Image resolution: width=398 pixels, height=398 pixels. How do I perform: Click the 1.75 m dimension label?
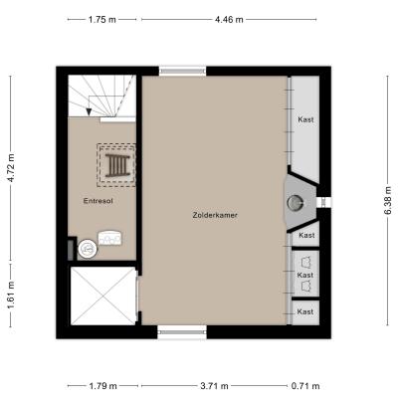[x=102, y=20]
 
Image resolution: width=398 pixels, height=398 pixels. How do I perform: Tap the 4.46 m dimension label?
[x=229, y=20]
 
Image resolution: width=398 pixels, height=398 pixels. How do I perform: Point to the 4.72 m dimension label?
[x=11, y=167]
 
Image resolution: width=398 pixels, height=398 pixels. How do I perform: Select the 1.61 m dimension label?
[x=11, y=295]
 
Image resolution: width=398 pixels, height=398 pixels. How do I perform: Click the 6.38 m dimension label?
[x=388, y=200]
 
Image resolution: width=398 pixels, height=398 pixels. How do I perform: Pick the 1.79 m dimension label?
[x=103, y=386]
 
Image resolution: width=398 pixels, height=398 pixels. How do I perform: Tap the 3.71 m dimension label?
[x=215, y=386]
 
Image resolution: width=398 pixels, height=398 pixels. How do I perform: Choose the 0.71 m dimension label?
[x=305, y=386]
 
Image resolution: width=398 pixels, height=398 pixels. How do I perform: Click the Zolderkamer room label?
[x=215, y=215]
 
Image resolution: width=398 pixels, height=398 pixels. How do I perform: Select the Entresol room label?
[x=99, y=201]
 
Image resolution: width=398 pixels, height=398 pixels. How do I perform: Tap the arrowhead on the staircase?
[x=89, y=111]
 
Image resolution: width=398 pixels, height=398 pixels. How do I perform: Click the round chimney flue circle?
[x=295, y=202]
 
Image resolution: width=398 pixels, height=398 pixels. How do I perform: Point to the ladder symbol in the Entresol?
[x=116, y=165]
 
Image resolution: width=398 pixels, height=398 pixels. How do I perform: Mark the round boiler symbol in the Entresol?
[x=88, y=248]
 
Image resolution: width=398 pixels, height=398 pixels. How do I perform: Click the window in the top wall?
[x=182, y=72]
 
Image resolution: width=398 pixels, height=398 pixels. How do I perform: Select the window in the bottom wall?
[x=182, y=332]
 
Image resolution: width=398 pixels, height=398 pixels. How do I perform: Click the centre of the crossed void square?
[x=103, y=297]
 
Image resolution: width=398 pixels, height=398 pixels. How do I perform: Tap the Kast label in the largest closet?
[x=305, y=119]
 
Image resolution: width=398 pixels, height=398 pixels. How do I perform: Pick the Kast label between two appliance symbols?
[x=305, y=275]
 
